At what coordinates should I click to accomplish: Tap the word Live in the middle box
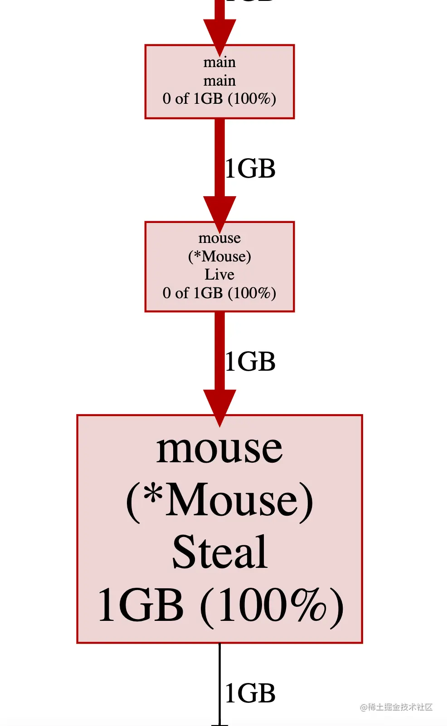219,275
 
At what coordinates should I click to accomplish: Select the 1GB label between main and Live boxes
250,169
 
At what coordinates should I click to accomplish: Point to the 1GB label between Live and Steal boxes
250,362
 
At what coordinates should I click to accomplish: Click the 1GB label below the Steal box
250,693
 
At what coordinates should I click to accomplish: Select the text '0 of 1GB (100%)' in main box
219,99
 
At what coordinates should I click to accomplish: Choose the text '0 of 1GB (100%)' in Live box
219,293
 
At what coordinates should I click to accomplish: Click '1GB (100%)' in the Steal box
220,605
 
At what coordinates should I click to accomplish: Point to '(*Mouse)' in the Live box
219,257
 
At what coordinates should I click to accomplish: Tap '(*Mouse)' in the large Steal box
219,500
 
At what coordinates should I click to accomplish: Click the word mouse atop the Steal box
219,449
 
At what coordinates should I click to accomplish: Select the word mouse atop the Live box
219,238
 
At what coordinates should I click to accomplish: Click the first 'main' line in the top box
219,62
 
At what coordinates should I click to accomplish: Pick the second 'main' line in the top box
219,81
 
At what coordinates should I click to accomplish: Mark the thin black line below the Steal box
220,680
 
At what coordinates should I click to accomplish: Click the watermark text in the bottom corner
396,707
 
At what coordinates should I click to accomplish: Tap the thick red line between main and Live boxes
220,154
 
